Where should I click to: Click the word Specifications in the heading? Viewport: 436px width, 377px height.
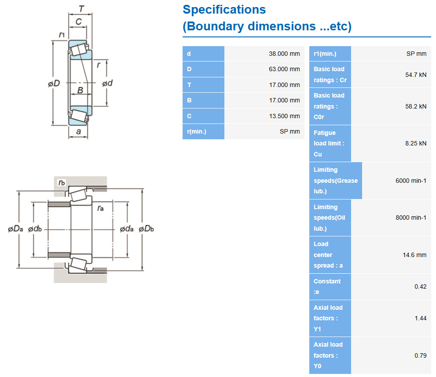coord(224,10)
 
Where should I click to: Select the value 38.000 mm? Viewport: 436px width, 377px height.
coord(284,54)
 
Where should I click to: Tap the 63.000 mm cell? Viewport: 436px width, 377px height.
coord(284,69)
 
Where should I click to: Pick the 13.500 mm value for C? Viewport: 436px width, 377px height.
coord(284,116)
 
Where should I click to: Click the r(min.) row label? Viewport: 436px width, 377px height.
coord(197,131)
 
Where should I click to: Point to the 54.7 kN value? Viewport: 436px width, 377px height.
coord(416,75)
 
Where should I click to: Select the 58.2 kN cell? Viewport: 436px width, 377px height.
coord(416,106)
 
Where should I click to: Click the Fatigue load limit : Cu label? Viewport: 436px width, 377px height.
coord(329,144)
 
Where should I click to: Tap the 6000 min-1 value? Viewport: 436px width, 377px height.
coord(410,181)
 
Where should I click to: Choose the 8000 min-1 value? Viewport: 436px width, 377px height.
coord(410,217)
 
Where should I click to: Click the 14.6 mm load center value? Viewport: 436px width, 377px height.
coord(414,255)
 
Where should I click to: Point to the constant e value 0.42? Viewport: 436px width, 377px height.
coord(421,286)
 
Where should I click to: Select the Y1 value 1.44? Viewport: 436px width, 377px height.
coord(421,318)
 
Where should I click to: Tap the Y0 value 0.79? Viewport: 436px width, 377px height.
coord(421,355)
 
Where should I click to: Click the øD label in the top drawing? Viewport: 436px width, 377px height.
coord(54,83)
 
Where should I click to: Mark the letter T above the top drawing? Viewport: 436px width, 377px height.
coord(81,9)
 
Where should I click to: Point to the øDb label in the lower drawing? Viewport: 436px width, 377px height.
coord(146,229)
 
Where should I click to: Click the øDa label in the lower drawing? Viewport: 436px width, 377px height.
coord(15,229)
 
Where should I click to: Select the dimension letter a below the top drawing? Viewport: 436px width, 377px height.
coord(78,131)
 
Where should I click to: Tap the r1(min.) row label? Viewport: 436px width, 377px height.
coord(325,54)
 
